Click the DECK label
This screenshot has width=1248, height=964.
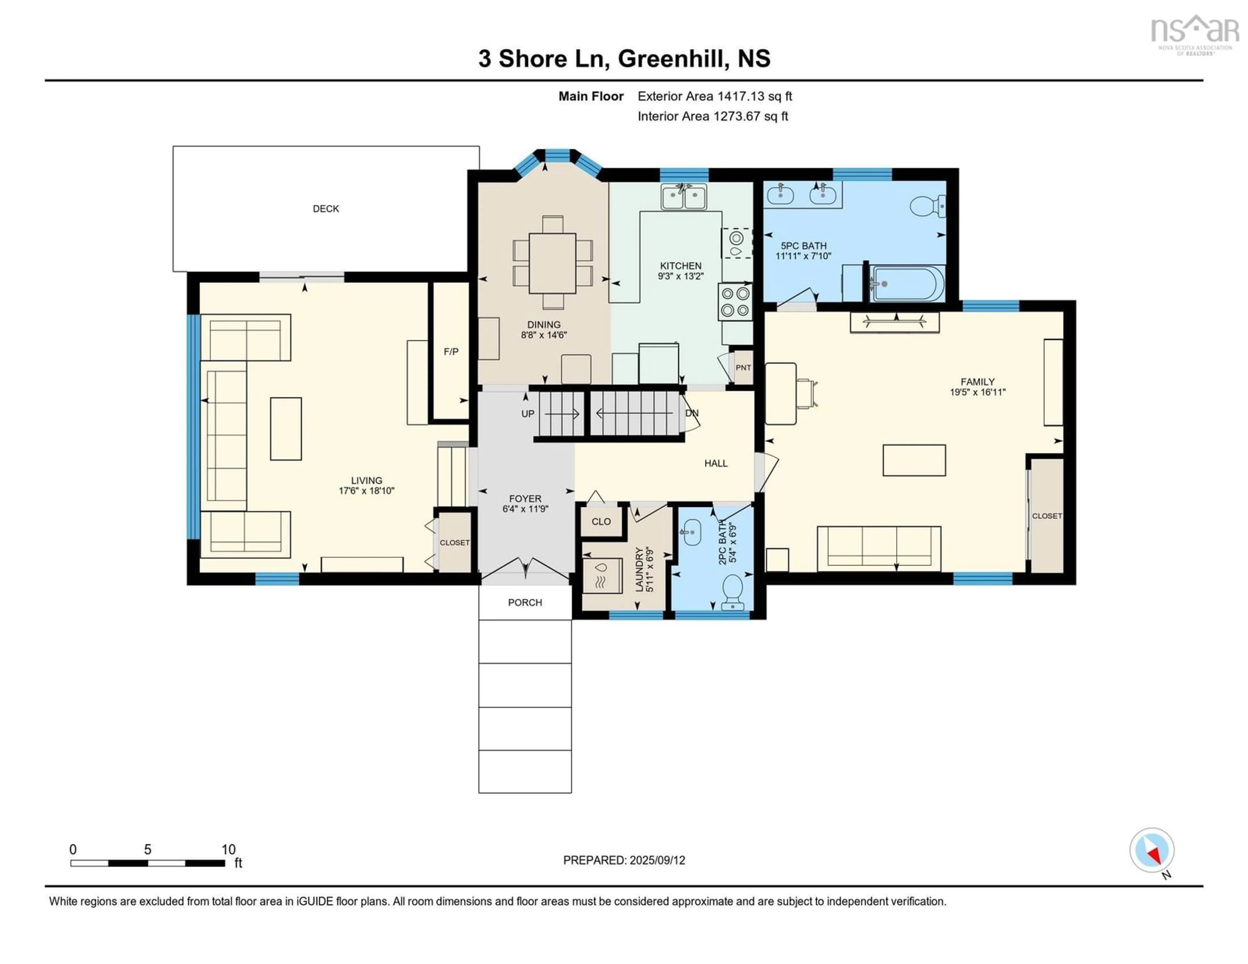326,209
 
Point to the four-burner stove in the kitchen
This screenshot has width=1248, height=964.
735,302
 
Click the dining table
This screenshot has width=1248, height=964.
552,263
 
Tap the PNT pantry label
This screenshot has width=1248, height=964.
743,367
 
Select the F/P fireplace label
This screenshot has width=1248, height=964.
451,351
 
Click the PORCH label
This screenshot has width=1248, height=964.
525,602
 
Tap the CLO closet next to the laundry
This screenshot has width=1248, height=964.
601,521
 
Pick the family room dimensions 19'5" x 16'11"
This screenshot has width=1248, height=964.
977,392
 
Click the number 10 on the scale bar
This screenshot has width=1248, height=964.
228,849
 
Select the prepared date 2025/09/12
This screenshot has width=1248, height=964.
656,860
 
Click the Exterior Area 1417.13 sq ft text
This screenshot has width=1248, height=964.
714,96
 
